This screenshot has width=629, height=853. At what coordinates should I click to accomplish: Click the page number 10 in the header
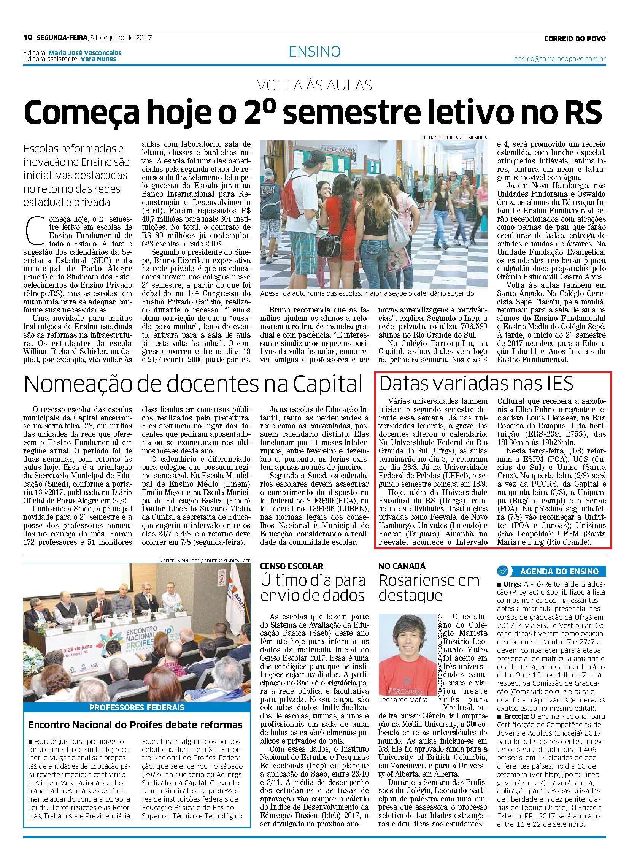27,38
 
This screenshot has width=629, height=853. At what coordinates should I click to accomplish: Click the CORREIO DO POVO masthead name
575,38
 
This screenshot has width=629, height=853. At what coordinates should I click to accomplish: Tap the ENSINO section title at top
314,52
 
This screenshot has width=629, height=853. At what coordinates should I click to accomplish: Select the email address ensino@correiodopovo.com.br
560,59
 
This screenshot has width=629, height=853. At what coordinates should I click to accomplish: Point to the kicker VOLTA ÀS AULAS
314,86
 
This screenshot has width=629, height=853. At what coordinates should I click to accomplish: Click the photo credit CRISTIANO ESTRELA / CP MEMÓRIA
453,137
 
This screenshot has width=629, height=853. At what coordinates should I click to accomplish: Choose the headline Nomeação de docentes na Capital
193,385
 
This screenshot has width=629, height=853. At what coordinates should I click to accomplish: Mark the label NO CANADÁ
402,566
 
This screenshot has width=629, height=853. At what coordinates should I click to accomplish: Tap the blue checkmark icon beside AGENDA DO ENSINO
503,571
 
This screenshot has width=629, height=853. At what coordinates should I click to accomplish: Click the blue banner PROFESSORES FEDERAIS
137,707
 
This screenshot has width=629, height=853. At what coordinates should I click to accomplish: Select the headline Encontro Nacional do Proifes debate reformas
135,725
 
